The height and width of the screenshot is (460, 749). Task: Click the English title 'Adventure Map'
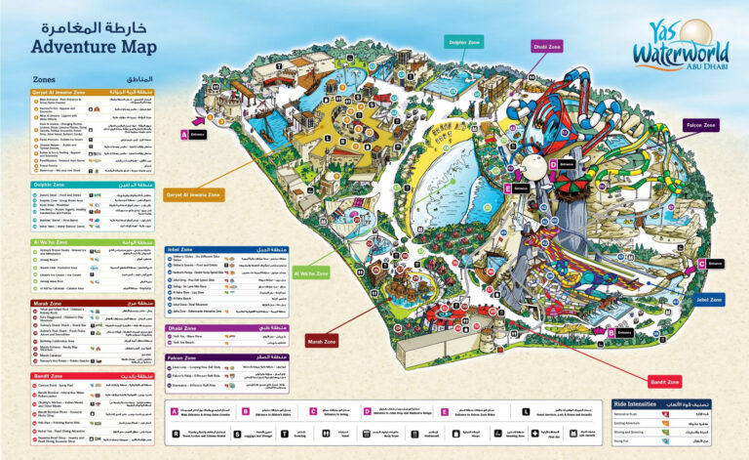(x=93, y=45)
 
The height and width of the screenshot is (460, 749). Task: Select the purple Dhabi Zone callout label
(x=546, y=46)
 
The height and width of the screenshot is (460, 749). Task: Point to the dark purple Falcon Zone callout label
(x=700, y=125)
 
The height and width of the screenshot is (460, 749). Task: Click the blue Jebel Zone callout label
(x=709, y=299)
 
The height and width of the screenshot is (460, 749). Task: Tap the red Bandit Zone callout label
(x=663, y=381)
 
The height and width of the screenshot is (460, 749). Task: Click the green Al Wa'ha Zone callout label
(x=310, y=273)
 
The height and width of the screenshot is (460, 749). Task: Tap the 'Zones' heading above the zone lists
(x=44, y=79)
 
